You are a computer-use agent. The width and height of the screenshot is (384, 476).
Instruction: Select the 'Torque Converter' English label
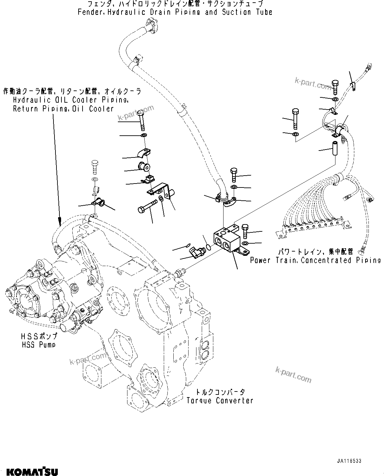pos(220,400)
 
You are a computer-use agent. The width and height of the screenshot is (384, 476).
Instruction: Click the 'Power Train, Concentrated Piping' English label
pos(315,260)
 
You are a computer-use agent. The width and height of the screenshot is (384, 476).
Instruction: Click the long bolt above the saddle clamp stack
pos(141,120)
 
